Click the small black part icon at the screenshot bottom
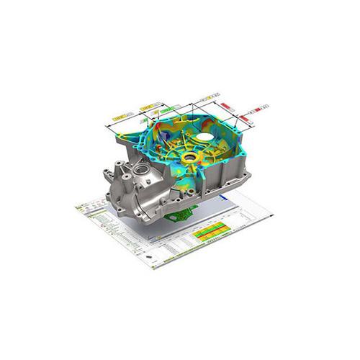151,257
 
